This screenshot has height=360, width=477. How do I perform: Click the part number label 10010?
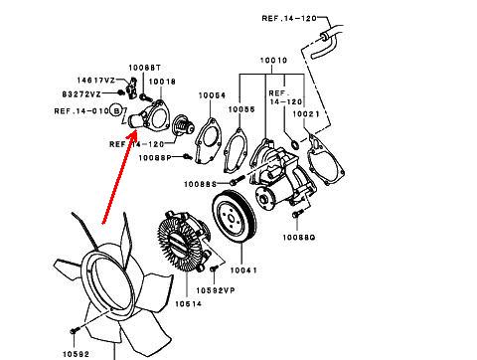[x=273, y=61]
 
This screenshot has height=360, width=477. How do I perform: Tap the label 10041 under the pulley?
[x=243, y=270]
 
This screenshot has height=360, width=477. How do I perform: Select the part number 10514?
[x=188, y=303]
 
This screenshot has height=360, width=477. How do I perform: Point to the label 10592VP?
[x=216, y=290]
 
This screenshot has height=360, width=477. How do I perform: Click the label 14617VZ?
[x=96, y=81]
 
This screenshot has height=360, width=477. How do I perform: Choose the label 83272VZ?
[x=81, y=94]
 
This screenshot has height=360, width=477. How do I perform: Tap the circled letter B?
[x=116, y=110]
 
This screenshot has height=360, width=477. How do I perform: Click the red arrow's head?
[x=132, y=136]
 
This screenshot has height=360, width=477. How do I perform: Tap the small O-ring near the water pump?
[x=294, y=145]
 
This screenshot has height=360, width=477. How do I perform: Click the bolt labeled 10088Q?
[x=296, y=214]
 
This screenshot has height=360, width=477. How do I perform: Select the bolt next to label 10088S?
[x=237, y=181]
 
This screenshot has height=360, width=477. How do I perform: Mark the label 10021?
[x=306, y=114]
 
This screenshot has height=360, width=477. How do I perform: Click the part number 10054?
[x=212, y=95]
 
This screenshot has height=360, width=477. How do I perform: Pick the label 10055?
[x=241, y=109]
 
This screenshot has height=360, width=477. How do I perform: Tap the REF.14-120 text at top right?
[x=289, y=19]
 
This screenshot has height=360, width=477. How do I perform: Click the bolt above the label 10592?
[x=75, y=330]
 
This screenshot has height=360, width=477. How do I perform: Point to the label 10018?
[x=162, y=82]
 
